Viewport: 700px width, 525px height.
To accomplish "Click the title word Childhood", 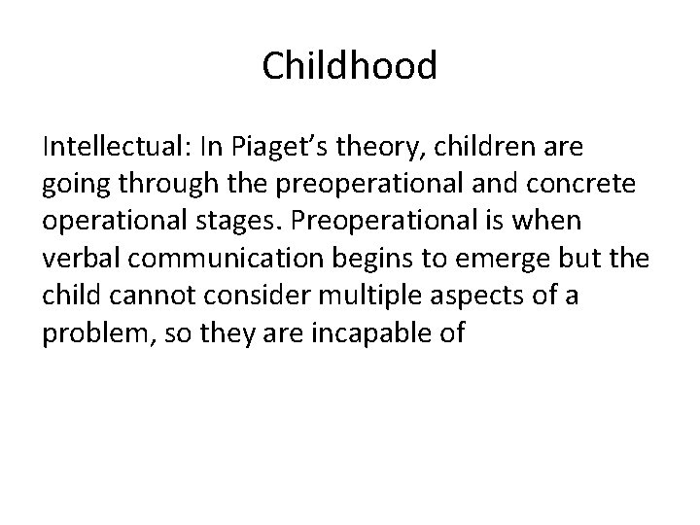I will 350,67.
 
